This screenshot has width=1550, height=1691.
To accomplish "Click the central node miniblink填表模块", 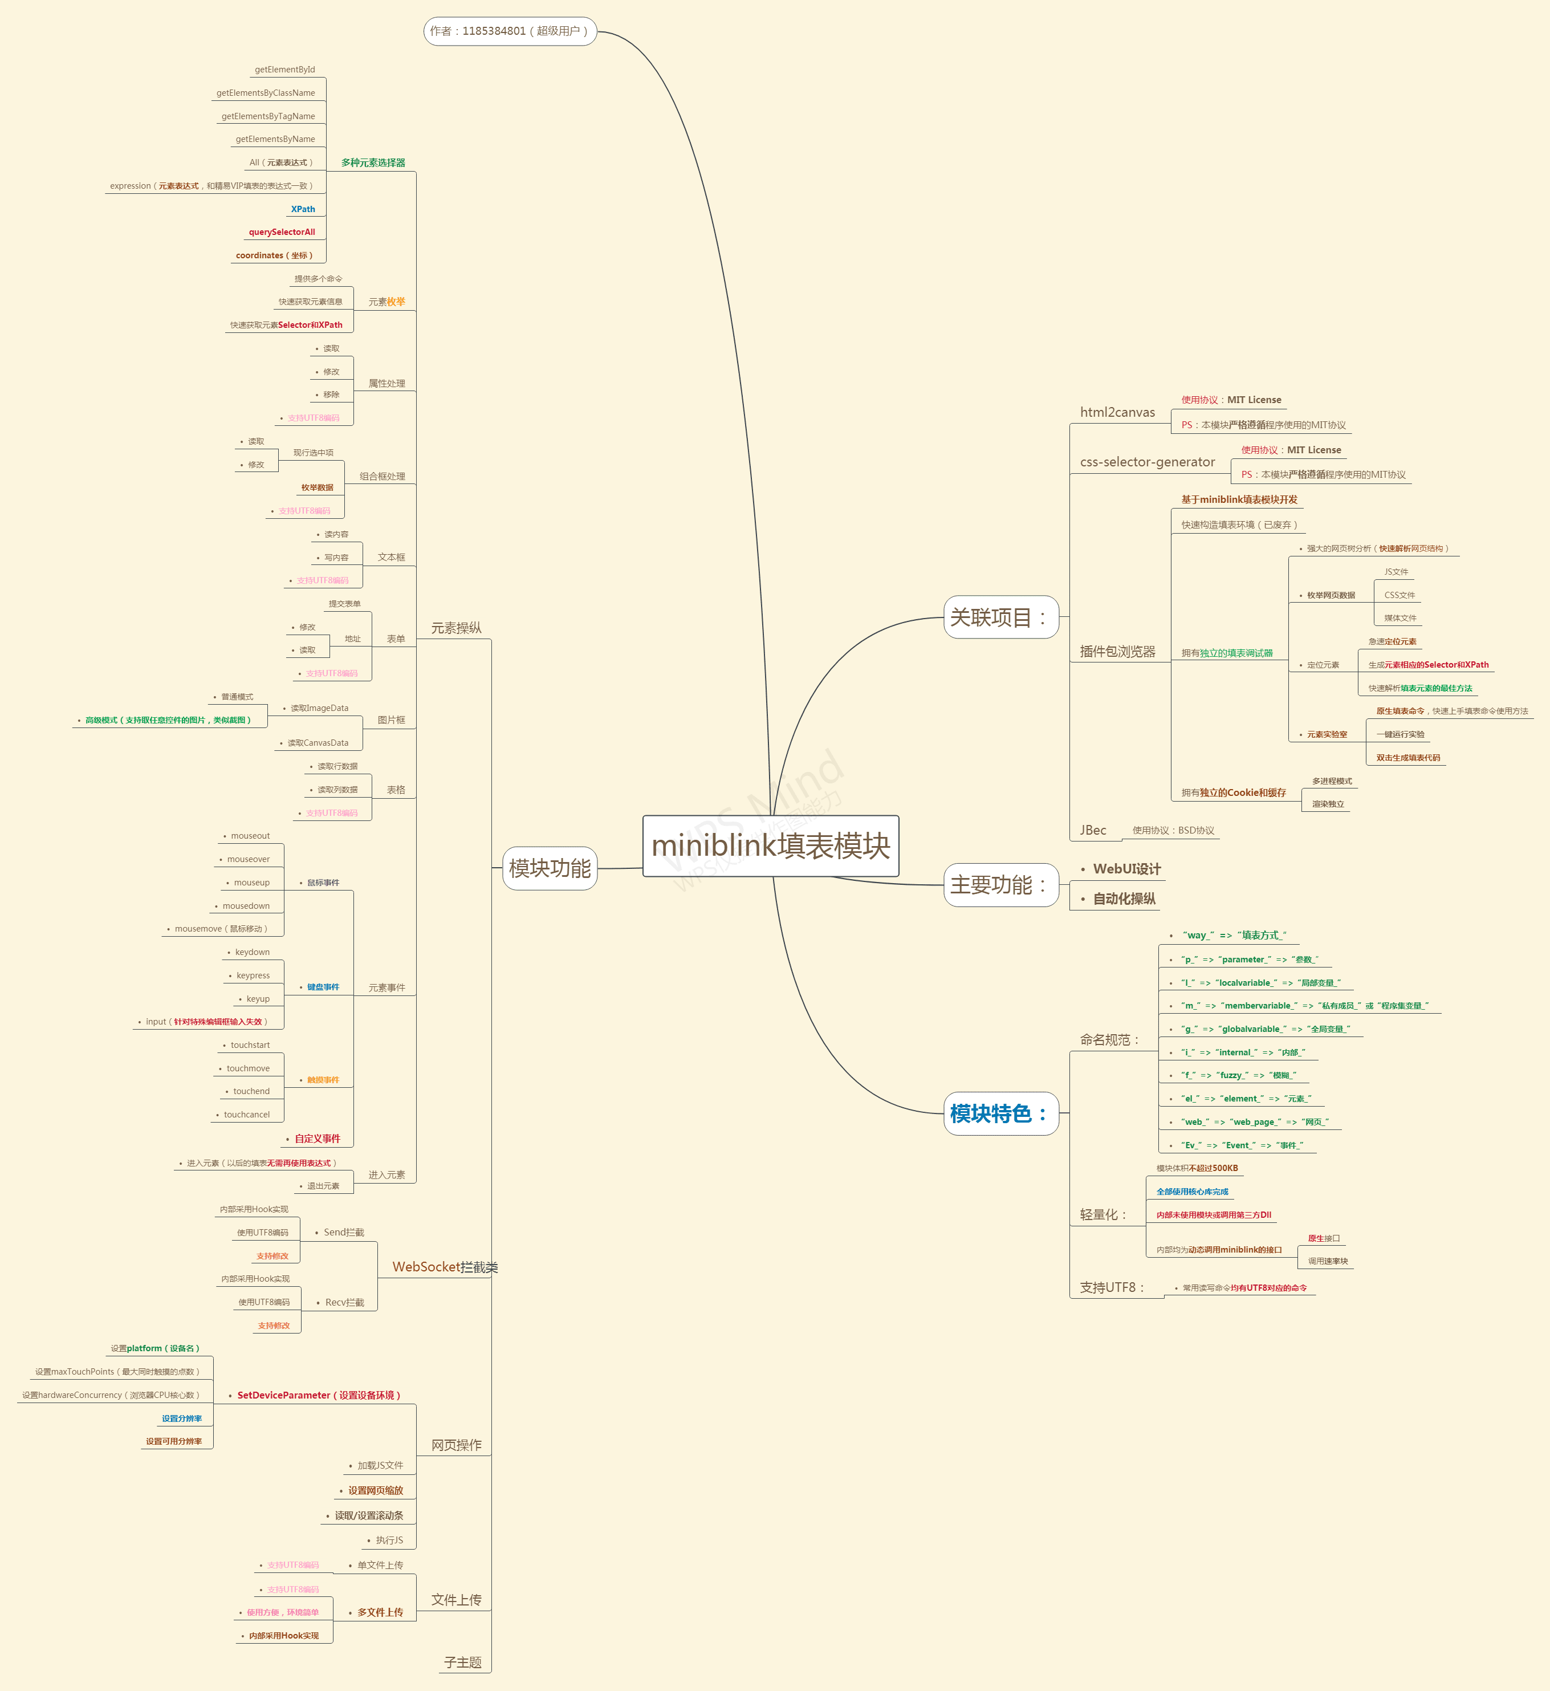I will pyautogui.click(x=770, y=845).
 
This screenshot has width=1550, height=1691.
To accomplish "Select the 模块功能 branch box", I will pyautogui.click(x=550, y=868).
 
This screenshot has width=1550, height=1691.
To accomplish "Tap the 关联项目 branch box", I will pyautogui.click(x=1000, y=617).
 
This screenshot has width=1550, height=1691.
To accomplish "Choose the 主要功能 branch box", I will pyautogui.click(x=1000, y=885).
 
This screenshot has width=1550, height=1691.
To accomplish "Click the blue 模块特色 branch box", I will pyautogui.click(x=1000, y=1113).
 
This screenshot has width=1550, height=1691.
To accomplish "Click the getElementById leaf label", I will pyautogui.click(x=284, y=70).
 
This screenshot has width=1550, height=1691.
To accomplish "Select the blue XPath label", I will pyautogui.click(x=303, y=209).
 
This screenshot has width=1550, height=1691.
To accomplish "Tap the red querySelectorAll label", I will pyautogui.click(x=282, y=233).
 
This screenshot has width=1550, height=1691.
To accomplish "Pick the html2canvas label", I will pyautogui.click(x=1117, y=412).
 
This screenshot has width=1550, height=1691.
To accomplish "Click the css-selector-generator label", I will pyautogui.click(x=1146, y=462).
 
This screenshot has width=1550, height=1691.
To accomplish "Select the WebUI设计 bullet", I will pyautogui.click(x=1126, y=869).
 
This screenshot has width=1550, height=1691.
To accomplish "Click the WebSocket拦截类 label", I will pyautogui.click(x=445, y=1267).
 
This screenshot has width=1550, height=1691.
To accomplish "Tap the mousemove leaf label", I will pyautogui.click(x=221, y=929).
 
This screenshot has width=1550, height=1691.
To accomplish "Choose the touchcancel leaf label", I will pyautogui.click(x=247, y=1115).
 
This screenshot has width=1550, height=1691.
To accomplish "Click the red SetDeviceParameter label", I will pyautogui.click(x=319, y=1395).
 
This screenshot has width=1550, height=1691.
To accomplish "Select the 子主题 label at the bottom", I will pyautogui.click(x=462, y=1662).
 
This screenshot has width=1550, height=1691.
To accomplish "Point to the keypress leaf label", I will pyautogui.click(x=253, y=975).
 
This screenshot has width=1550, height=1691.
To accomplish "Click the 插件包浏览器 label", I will pyautogui.click(x=1117, y=652).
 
